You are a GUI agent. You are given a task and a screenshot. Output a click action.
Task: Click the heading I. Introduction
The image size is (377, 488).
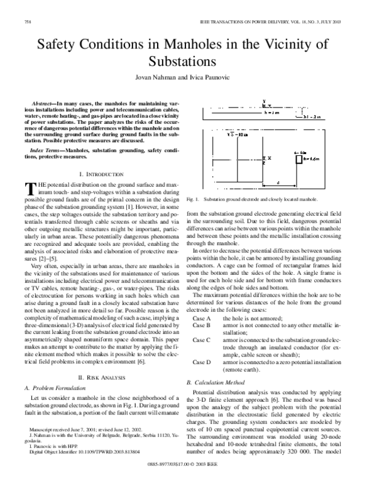pos(103,173)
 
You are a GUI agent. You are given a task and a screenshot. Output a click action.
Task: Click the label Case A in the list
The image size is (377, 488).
pos(200,319)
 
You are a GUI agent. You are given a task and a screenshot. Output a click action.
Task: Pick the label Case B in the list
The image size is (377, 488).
pos(200,327)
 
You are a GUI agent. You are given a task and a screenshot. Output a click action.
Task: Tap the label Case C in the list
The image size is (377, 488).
pos(200,341)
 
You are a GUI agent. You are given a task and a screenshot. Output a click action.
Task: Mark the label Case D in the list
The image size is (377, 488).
pos(200,363)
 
